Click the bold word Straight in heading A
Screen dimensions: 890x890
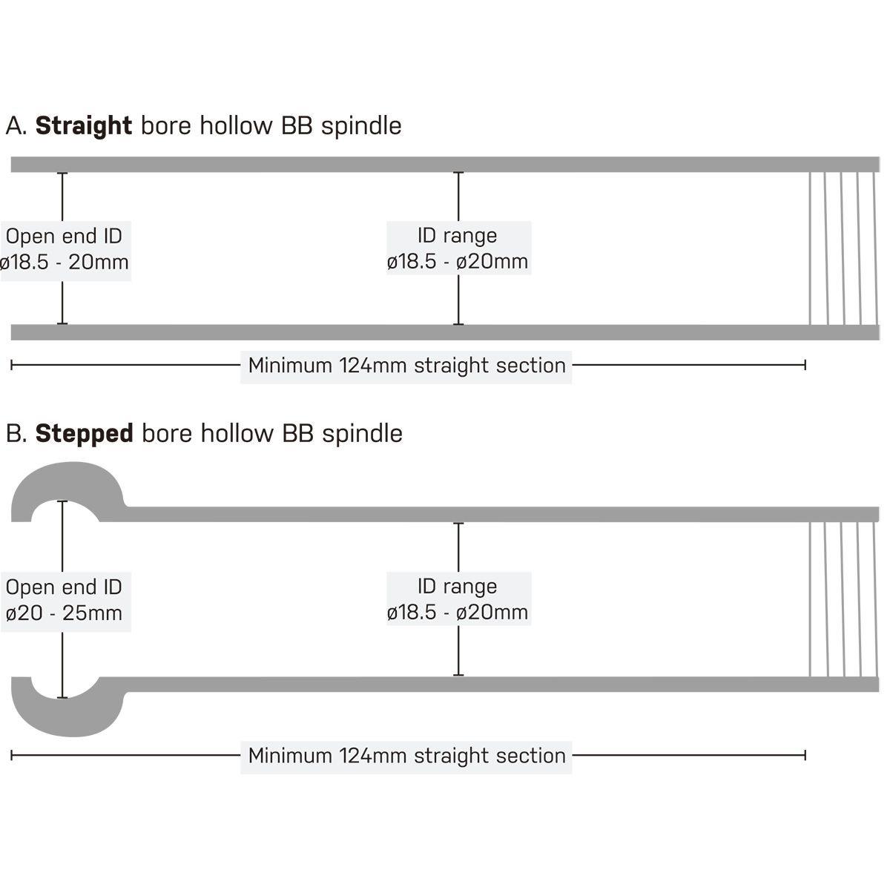tap(84, 125)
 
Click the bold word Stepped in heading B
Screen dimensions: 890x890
tap(85, 434)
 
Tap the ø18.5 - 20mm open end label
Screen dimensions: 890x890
tap(65, 263)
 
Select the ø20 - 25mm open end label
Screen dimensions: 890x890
tap(65, 613)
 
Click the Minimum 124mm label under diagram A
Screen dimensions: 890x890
tap(406, 366)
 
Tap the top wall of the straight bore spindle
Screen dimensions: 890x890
tap(445, 165)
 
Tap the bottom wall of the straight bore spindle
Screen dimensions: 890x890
tap(445, 332)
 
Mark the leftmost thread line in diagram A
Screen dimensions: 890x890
tap(810, 248)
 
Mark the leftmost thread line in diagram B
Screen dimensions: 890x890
tap(810, 599)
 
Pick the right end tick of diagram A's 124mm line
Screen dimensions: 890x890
tap(805, 366)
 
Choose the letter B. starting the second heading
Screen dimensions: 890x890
tap(16, 434)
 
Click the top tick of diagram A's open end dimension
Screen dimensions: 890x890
tap(62, 174)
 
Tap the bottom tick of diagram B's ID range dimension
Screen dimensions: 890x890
tap(458, 675)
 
